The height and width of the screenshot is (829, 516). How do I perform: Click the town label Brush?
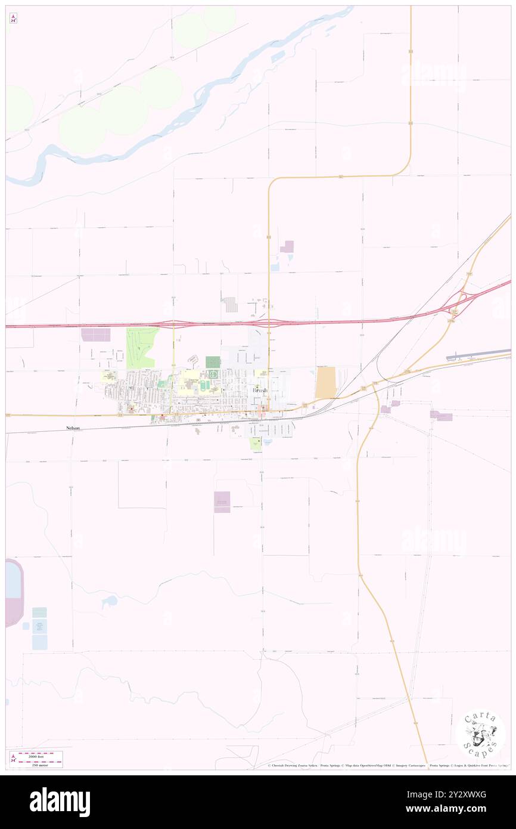coord(260,390)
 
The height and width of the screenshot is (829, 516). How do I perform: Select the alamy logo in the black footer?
coord(60,802)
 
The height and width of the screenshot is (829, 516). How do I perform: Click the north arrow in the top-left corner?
coord(13,18)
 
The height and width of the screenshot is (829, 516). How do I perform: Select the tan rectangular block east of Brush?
coord(325,382)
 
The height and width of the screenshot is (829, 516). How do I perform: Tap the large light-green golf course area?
coord(141,347)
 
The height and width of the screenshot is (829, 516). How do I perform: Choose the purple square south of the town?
coord(222,502)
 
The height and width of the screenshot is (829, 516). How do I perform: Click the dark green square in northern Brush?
coord(213,362)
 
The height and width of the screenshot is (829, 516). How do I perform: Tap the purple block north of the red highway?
coord(288,247)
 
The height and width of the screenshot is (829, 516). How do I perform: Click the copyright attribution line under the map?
coord(387,765)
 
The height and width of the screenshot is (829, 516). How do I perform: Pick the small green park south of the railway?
coord(255,443)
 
